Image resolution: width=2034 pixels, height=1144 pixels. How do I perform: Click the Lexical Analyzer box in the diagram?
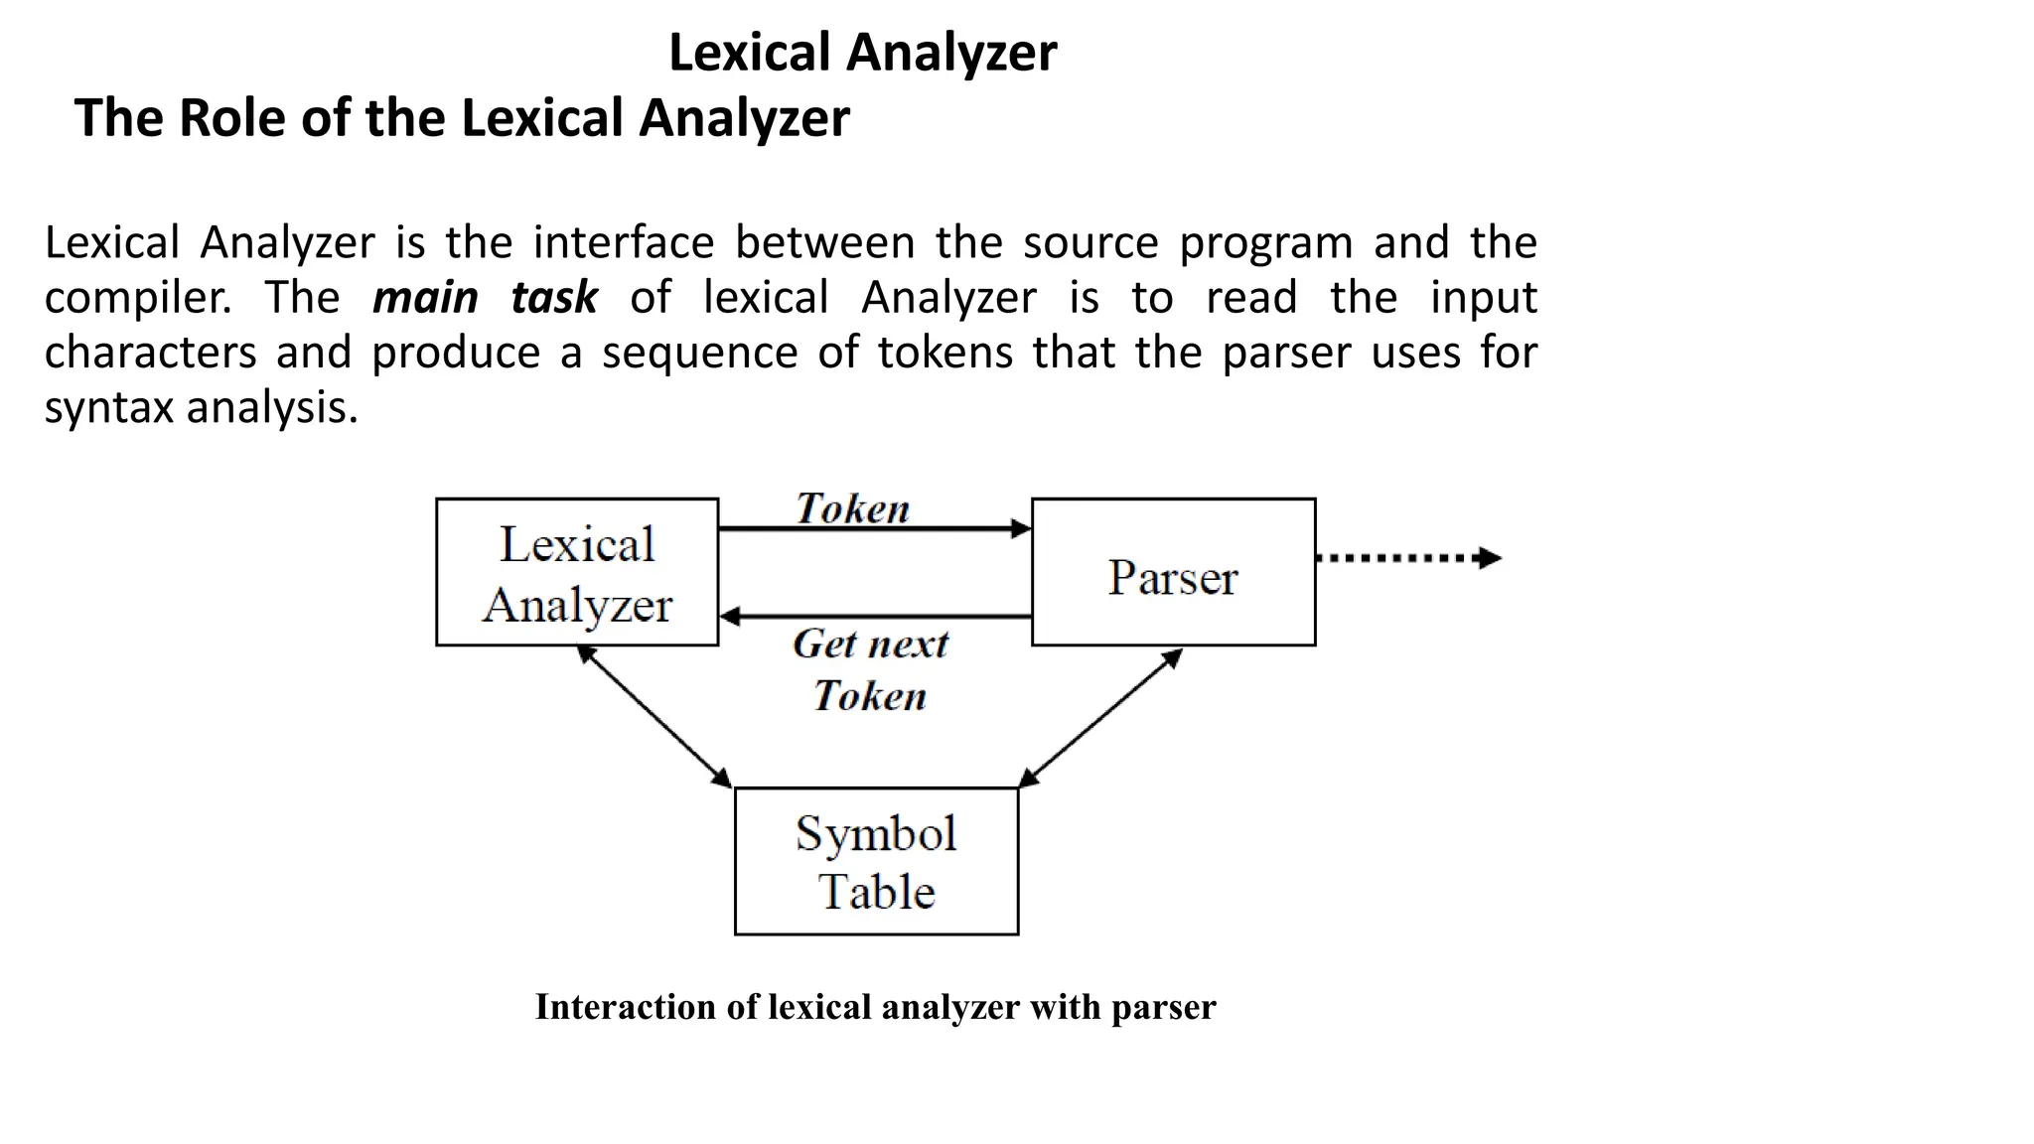click(577, 573)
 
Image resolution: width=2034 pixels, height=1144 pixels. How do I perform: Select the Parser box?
click(1173, 573)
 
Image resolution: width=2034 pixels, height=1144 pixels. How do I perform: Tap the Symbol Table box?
click(876, 861)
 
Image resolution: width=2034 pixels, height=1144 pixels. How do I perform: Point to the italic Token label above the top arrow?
click(852, 508)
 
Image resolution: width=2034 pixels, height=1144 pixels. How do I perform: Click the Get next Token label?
click(870, 669)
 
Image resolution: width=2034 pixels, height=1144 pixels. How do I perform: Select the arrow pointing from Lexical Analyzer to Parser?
click(874, 529)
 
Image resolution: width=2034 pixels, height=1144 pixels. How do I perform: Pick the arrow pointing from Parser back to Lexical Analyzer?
click(874, 617)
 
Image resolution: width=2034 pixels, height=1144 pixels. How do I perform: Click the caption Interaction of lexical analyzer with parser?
click(875, 1007)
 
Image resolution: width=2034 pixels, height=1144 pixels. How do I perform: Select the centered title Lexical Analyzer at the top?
click(862, 52)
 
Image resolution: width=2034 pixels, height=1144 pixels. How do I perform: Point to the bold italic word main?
click(425, 298)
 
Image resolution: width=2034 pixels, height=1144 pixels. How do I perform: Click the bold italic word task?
click(554, 298)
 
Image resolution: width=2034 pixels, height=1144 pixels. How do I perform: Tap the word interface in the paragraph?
click(624, 243)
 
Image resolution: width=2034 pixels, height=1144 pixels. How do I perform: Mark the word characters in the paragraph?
click(150, 353)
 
